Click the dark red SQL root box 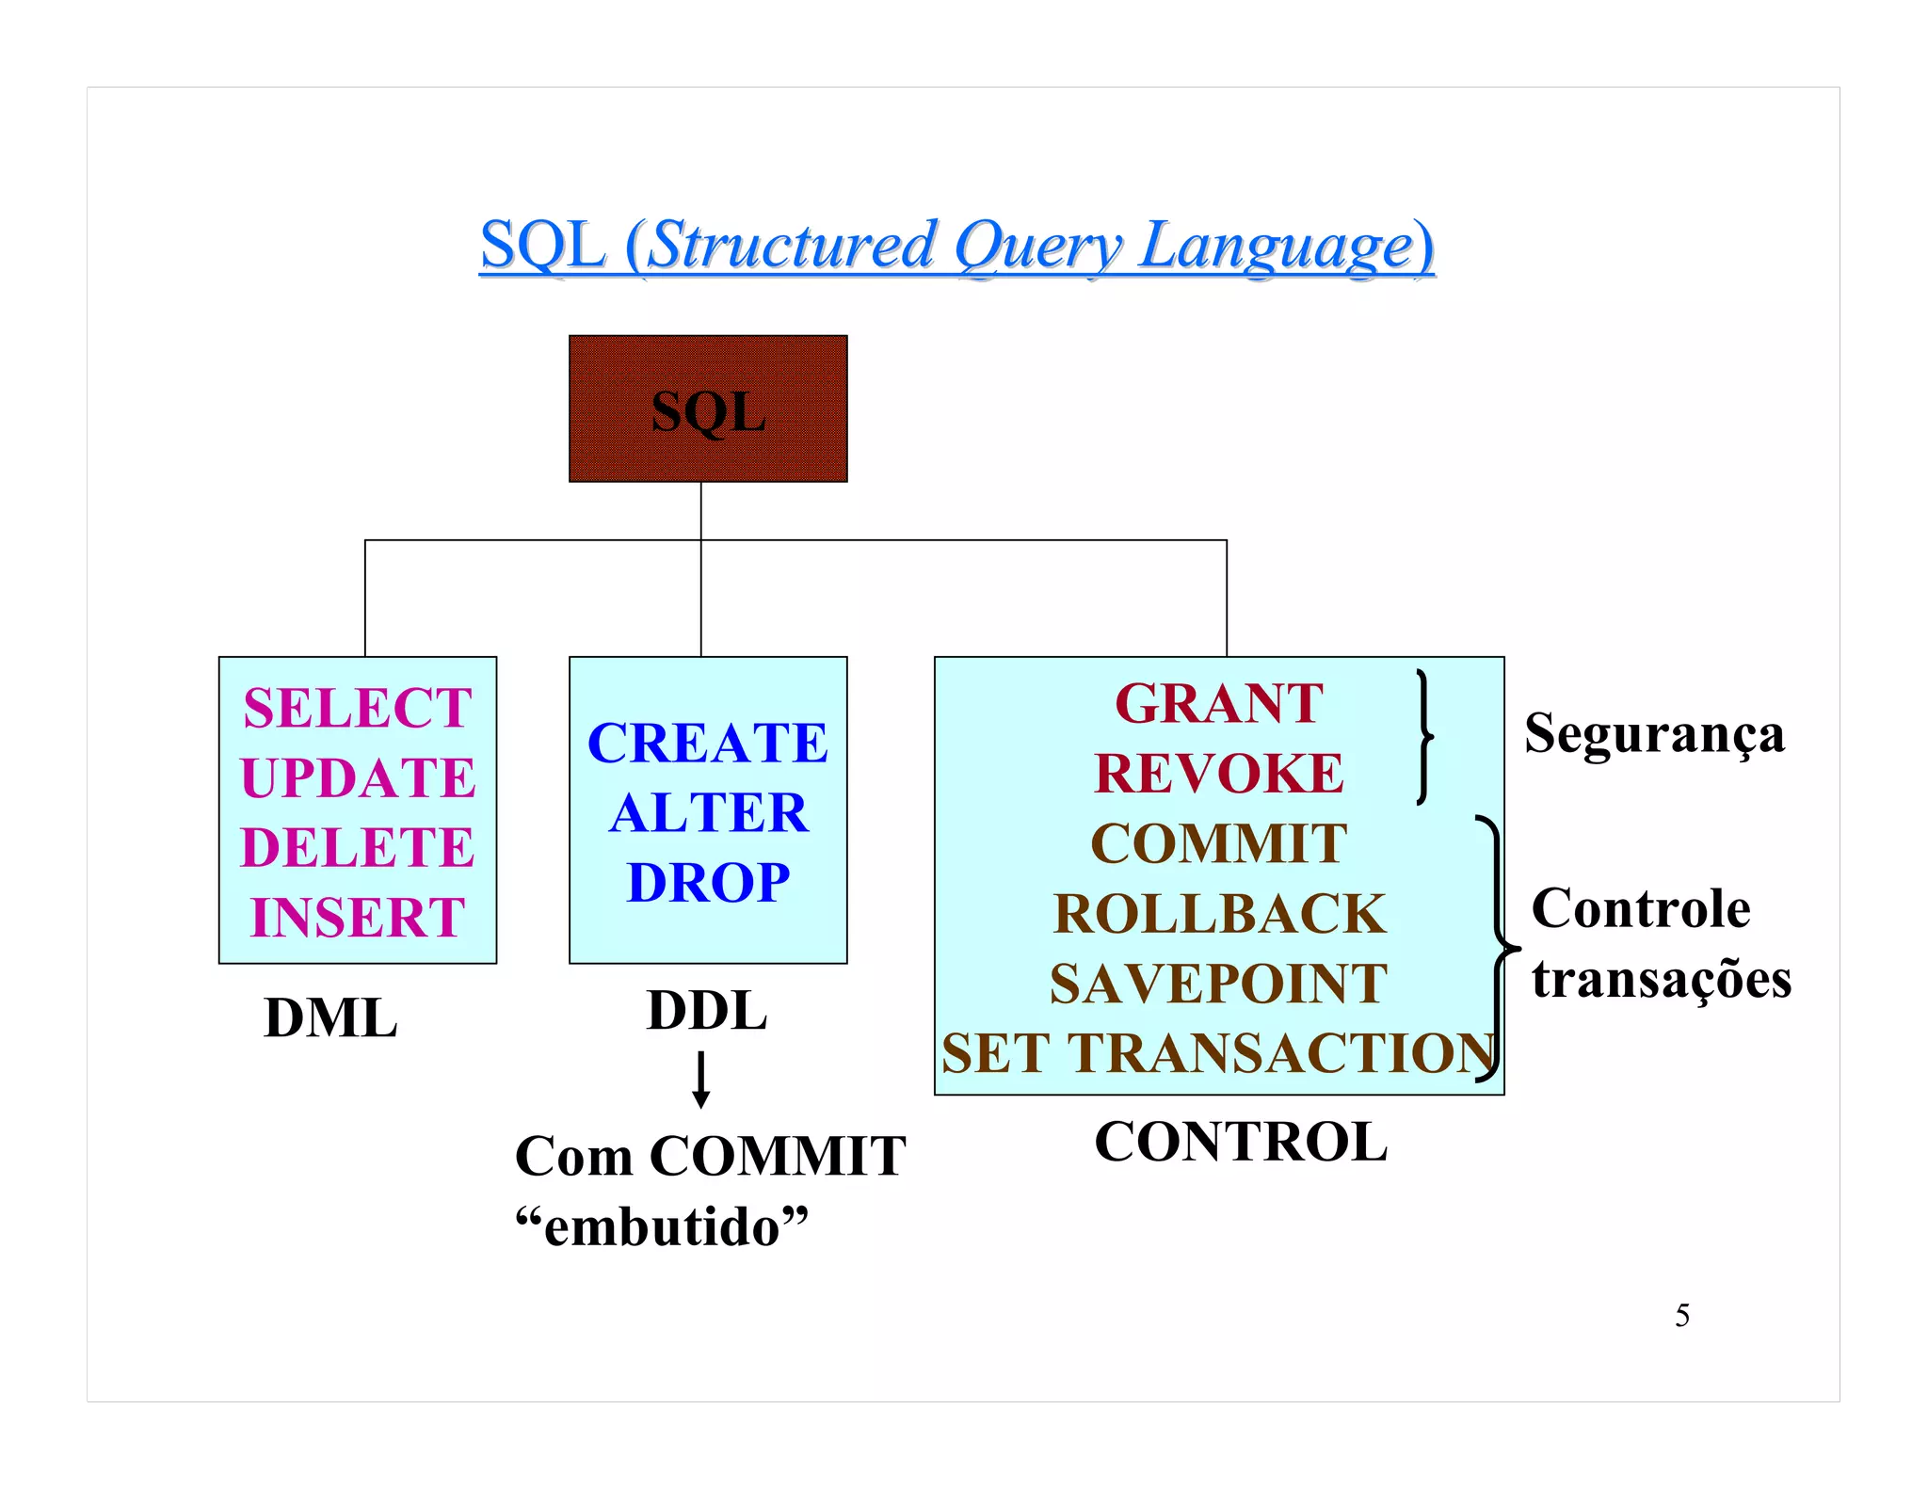(708, 409)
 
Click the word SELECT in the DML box (358, 708)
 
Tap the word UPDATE (358, 778)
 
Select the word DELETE (358, 847)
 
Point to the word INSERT (358, 918)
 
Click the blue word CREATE (708, 744)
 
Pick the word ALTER (708, 813)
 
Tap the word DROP (708, 883)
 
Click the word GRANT (1219, 704)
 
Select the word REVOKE (1219, 774)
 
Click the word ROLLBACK (1219, 914)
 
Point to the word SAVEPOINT (1219, 984)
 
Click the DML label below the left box (330, 1018)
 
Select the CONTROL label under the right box (1241, 1143)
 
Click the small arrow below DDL (701, 1081)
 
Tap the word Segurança (1654, 734)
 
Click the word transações (1661, 979)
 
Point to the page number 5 (1682, 1316)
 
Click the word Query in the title (1037, 246)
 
